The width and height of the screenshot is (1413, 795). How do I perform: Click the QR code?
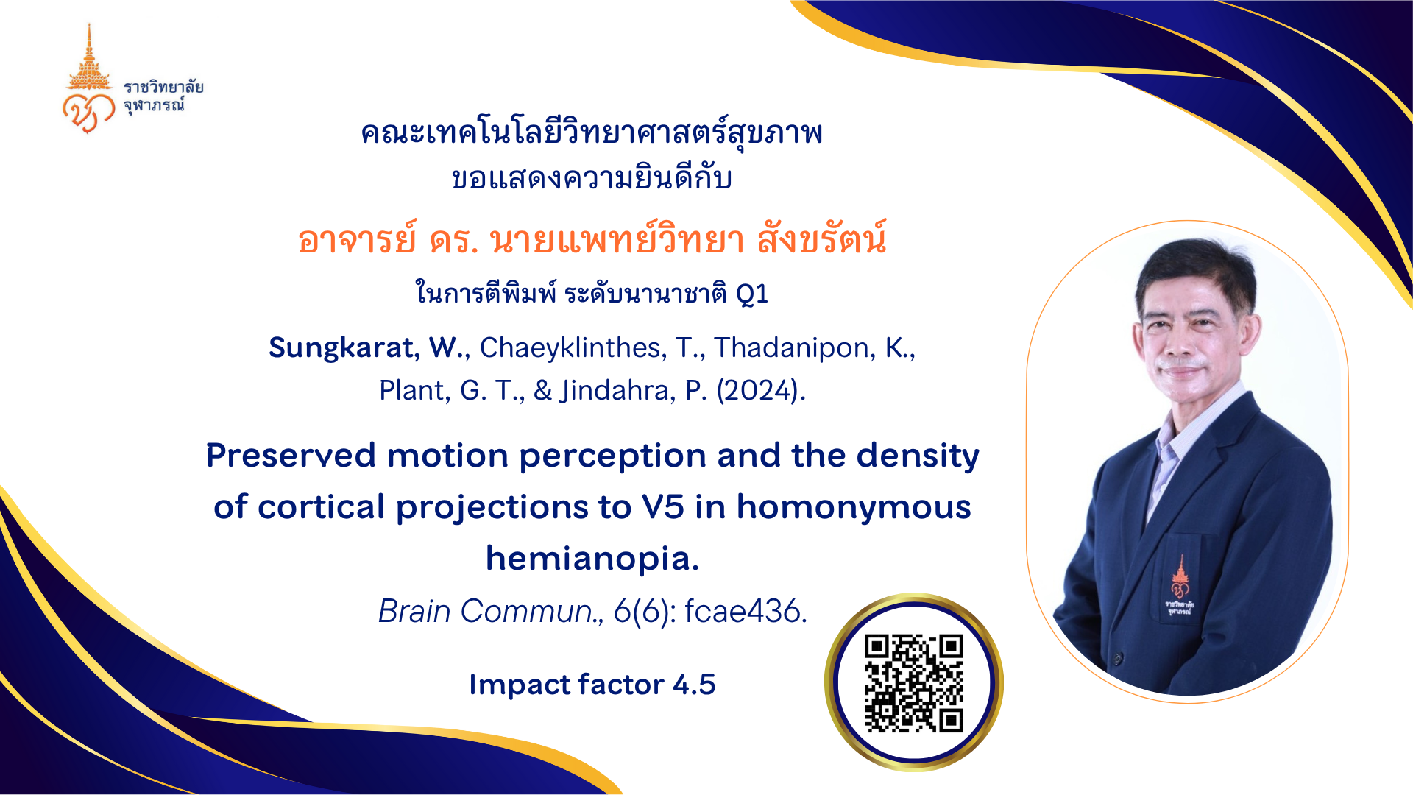pyautogui.click(x=914, y=683)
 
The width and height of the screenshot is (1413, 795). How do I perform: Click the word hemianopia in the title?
pyautogui.click(x=592, y=558)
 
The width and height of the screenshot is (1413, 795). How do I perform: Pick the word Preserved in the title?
pyautogui.click(x=291, y=456)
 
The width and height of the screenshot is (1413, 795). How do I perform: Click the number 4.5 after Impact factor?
pyautogui.click(x=694, y=685)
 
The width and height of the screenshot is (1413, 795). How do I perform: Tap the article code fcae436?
pyautogui.click(x=746, y=611)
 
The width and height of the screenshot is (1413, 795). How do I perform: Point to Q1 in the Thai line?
pyautogui.click(x=752, y=294)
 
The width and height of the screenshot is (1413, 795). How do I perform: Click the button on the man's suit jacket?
pyautogui.click(x=1117, y=658)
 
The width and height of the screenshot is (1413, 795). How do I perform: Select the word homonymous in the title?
pyautogui.click(x=854, y=507)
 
